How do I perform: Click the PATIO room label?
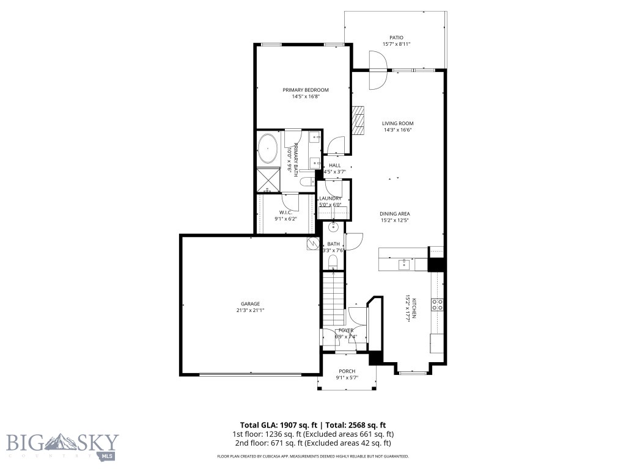tap(396, 37)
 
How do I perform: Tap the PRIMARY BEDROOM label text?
tap(306, 90)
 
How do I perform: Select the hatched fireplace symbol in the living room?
tap(358, 122)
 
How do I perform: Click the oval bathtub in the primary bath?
tap(268, 148)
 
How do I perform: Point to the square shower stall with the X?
tap(267, 179)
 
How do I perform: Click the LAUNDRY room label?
tap(330, 198)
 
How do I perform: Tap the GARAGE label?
tap(250, 304)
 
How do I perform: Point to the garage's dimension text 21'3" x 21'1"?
tap(250, 310)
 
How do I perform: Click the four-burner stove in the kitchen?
tap(438, 304)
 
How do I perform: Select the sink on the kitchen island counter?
tap(404, 264)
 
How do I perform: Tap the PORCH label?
tap(347, 371)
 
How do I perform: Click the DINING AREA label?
tap(395, 214)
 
